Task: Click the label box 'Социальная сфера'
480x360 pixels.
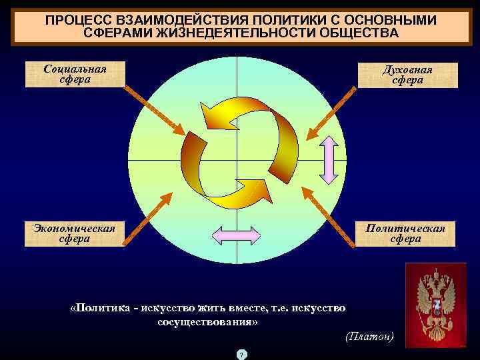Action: [x=75, y=75]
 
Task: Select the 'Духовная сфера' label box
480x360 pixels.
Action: [x=407, y=75]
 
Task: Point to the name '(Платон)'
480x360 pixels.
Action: [x=370, y=336]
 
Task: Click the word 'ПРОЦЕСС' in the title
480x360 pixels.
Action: [x=75, y=20]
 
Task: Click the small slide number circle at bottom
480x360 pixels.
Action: [x=241, y=353]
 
